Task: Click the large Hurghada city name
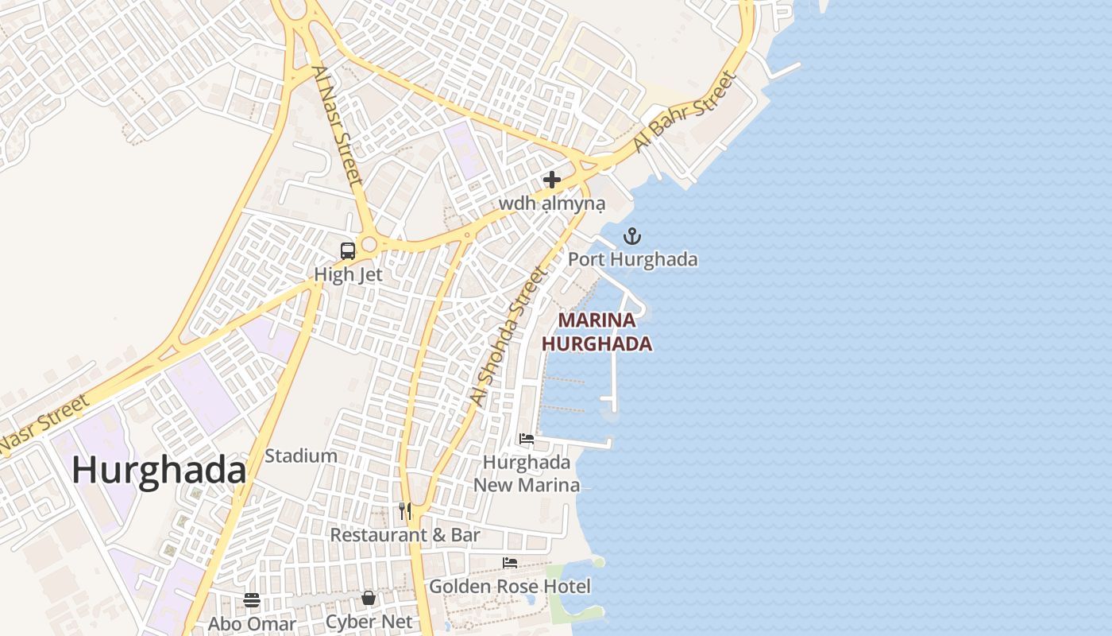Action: pos(159,471)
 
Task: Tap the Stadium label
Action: pos(300,456)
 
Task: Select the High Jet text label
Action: pos(348,275)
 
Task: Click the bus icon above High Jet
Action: pos(347,251)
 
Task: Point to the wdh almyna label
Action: pos(552,204)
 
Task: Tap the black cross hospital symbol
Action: pos(552,180)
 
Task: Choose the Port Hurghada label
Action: pos(632,260)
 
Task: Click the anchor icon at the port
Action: pos(632,236)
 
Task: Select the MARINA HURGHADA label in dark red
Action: pos(597,332)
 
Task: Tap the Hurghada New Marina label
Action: pos(527,473)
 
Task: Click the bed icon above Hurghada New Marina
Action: pos(526,439)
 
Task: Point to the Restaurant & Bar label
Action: pos(405,535)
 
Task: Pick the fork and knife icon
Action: pos(405,510)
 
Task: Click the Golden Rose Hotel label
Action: pos(510,587)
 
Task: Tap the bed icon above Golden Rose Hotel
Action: pos(510,563)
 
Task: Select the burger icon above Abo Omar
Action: pos(252,600)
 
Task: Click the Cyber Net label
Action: pos(369,622)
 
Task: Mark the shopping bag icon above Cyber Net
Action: pos(369,598)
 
